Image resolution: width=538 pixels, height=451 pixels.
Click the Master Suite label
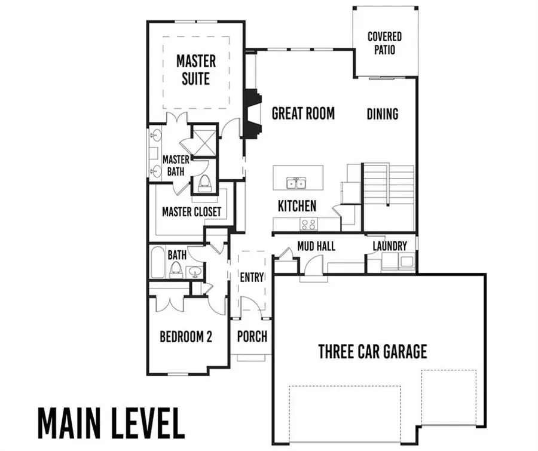coord(195,69)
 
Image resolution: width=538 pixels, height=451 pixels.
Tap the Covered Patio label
coord(384,44)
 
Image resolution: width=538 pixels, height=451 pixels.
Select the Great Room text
coord(303,113)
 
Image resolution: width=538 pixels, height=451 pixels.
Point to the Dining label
coord(383,113)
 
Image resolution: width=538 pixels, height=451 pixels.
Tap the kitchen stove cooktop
coord(308,225)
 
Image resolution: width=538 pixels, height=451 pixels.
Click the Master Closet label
coord(191,211)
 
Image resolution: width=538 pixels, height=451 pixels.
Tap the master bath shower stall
coord(203,141)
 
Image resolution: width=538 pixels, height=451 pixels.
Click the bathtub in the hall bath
coord(157,263)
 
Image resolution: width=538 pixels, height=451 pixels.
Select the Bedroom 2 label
coord(186,337)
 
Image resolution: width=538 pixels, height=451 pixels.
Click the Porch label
coord(252,337)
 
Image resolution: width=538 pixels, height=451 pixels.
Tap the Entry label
coord(252,277)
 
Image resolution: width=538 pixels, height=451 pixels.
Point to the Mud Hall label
coord(316,246)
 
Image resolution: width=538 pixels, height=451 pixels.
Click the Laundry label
coord(390,246)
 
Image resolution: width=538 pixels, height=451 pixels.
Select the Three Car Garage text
coord(372,351)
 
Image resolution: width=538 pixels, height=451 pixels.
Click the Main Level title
coord(111,424)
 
